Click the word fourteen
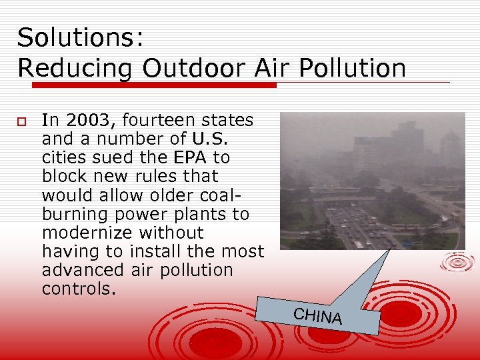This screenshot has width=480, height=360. click(160, 121)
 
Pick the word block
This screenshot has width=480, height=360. click(61, 177)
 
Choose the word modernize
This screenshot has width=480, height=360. click(87, 233)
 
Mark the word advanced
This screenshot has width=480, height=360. click(81, 270)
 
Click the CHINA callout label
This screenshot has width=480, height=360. click(318, 316)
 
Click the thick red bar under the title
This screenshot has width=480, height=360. click(153, 85)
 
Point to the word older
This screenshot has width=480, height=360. click(158, 195)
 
